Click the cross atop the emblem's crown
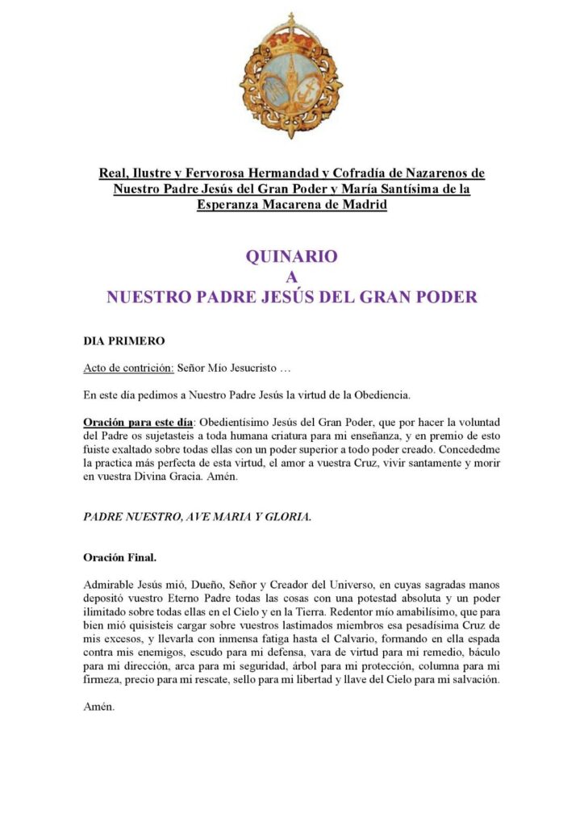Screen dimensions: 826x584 tap(291, 19)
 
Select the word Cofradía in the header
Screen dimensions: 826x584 tap(374, 173)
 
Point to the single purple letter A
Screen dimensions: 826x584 tap(291, 277)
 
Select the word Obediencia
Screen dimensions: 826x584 tap(376, 395)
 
